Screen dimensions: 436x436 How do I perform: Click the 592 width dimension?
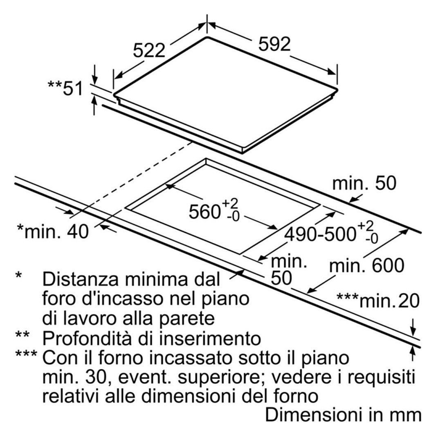[x=274, y=44]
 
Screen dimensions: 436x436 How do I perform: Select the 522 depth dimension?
[x=149, y=51]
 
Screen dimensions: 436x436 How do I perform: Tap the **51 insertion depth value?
[x=65, y=88]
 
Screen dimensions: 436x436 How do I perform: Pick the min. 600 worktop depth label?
[x=367, y=265]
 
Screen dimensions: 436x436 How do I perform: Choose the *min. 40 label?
[x=53, y=231]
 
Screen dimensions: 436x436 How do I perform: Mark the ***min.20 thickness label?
[x=378, y=300]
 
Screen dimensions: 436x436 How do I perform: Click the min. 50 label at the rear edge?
[x=364, y=183]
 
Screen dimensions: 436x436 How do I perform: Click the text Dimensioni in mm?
[x=344, y=415]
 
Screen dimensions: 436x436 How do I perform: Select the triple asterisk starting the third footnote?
[x=26, y=354]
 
